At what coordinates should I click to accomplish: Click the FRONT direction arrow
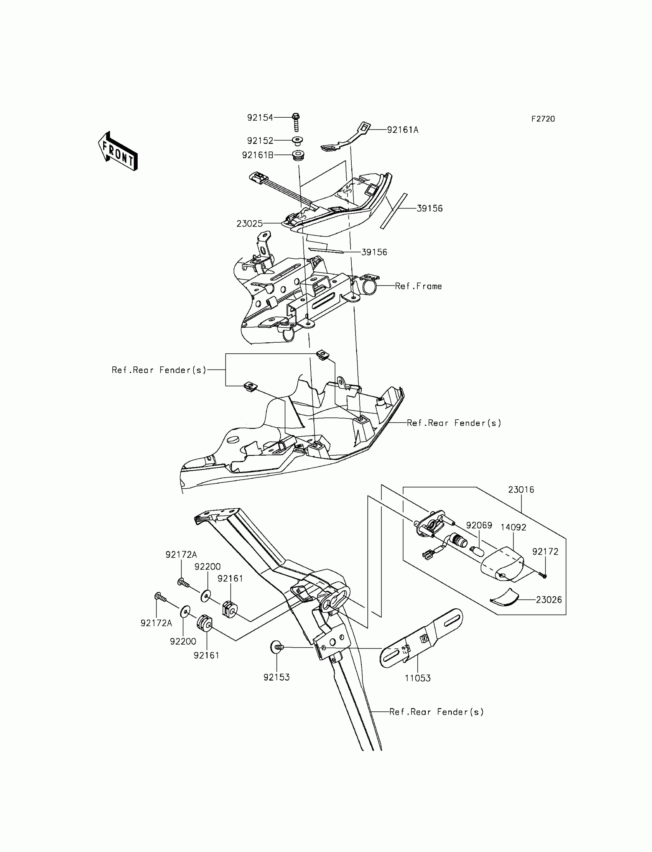coord(118,152)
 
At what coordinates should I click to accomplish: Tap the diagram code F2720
coord(543,119)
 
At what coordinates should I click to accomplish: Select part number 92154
coord(260,118)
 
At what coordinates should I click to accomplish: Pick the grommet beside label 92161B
coord(298,156)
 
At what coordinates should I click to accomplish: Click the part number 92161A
coord(402,130)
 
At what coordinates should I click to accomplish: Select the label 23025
coord(250,224)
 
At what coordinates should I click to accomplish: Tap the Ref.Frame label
coord(418,286)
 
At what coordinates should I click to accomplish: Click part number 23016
coord(521,490)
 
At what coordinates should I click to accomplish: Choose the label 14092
coord(513,527)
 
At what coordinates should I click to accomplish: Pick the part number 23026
coord(549,600)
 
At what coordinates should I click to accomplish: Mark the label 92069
coord(479,525)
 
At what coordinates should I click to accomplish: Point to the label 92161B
coord(257,155)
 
